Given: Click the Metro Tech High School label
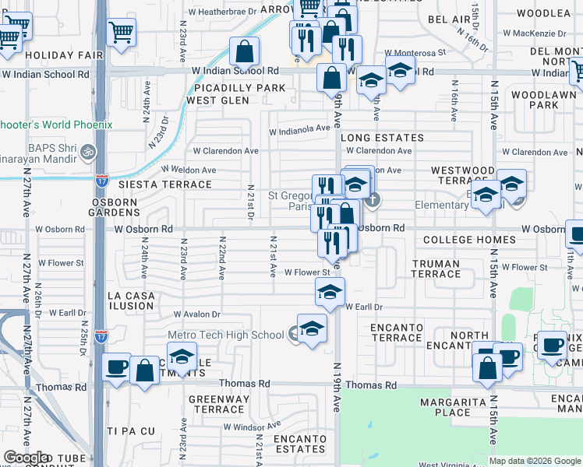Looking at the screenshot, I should point(226,335).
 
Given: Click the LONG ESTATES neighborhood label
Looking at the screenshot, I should point(382,138).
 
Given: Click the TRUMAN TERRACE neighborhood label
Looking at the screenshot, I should point(436,269).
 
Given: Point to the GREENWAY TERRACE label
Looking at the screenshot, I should point(218,404).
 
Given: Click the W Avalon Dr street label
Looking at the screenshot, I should point(197,314).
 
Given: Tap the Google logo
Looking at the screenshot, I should point(26,458).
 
